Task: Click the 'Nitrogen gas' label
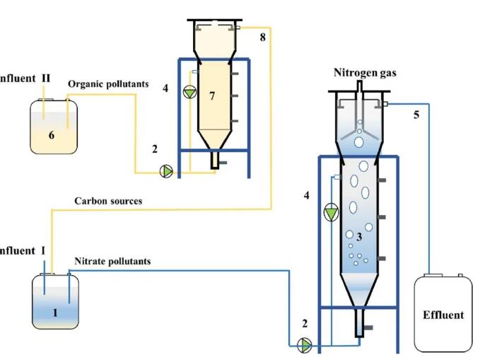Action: click(363, 73)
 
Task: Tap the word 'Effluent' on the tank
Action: click(443, 315)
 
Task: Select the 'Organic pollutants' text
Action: click(108, 84)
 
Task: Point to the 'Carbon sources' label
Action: click(108, 201)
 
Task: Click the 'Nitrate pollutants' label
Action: click(113, 261)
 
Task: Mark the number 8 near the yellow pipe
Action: click(262, 36)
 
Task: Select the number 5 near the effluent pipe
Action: click(416, 115)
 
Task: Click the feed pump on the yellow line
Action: click(166, 171)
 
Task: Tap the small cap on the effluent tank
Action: click(460, 275)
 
